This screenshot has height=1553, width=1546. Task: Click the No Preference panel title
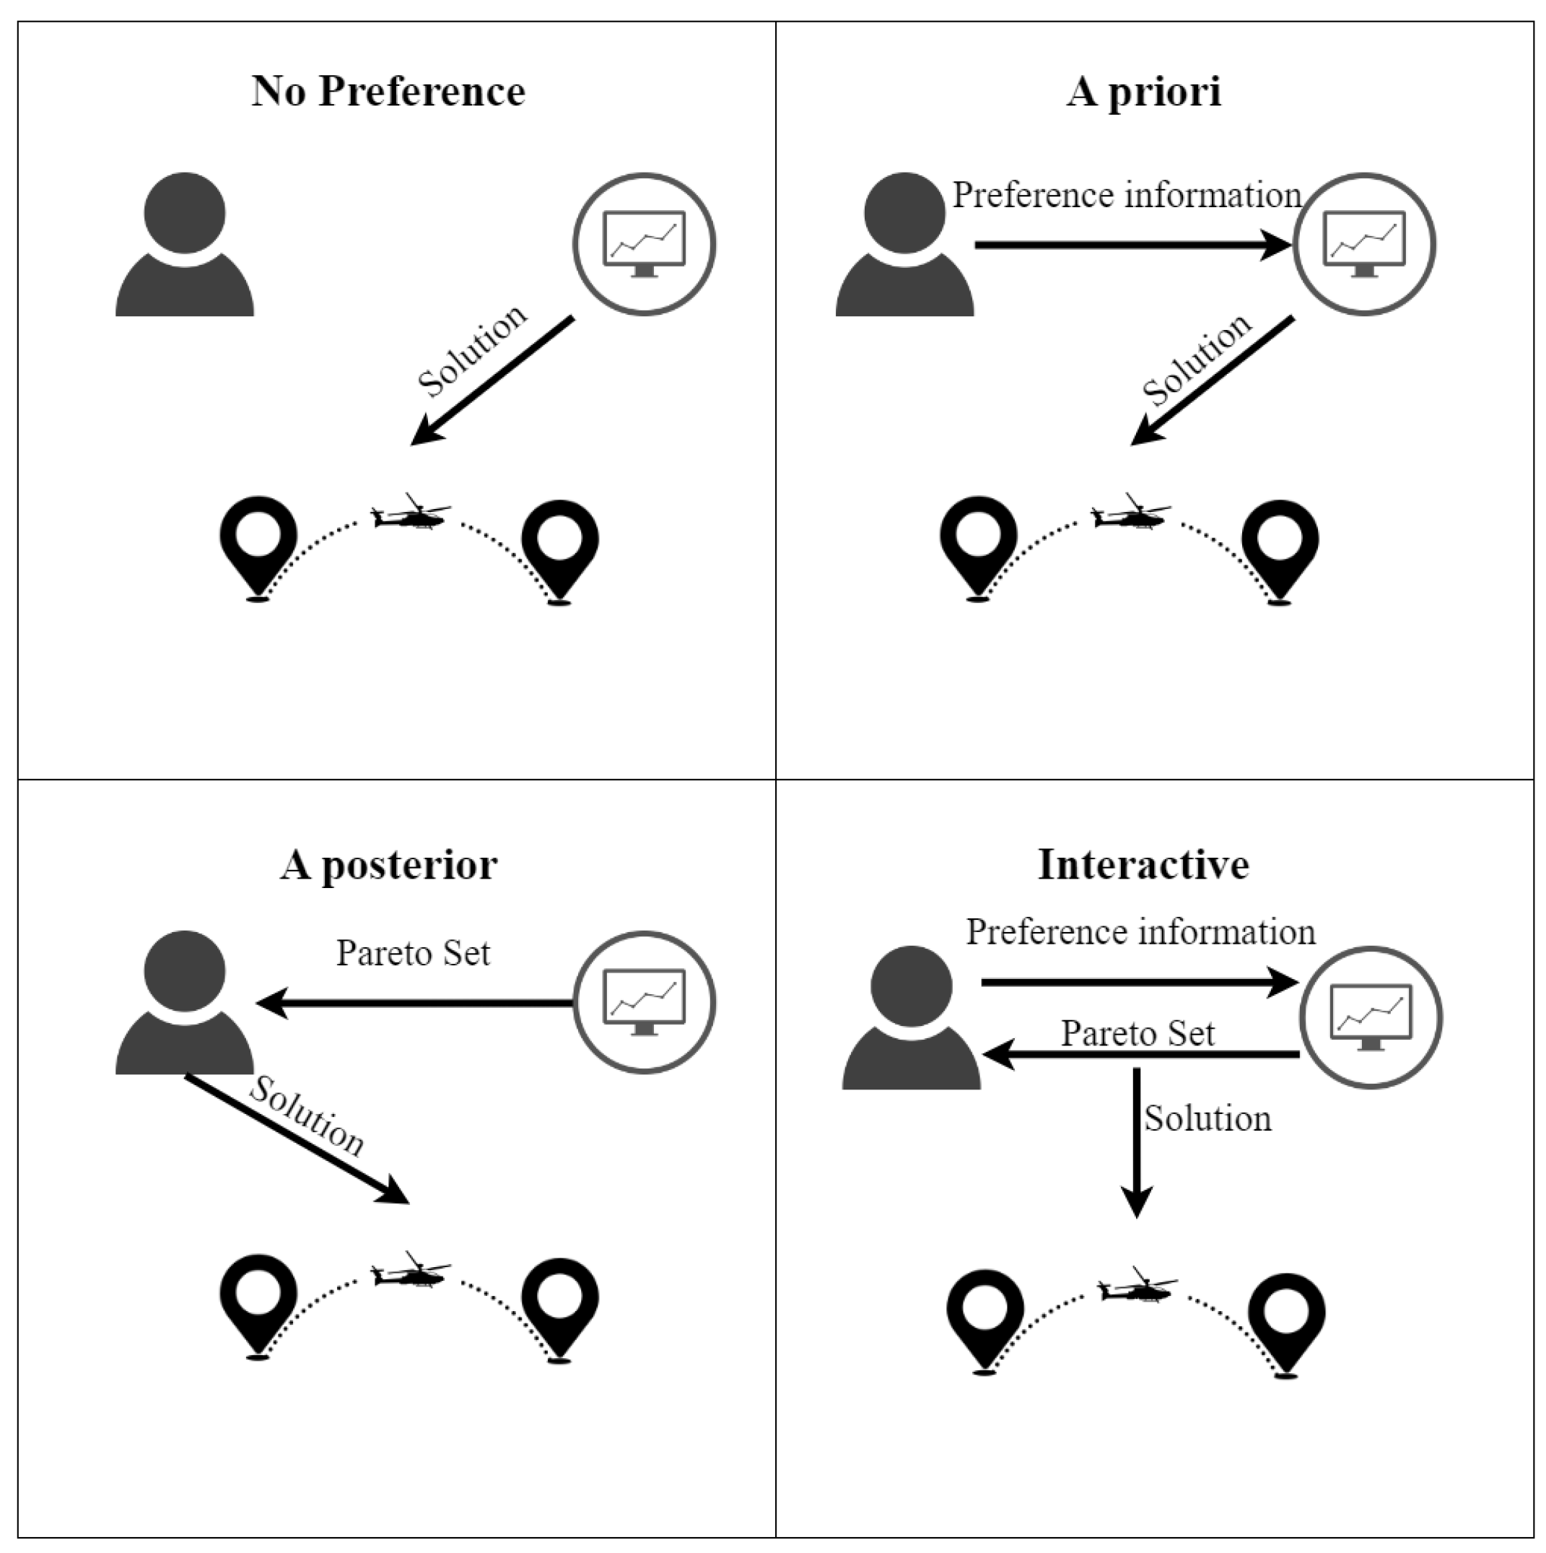coord(388,91)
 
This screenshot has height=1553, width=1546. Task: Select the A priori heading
coord(1143,91)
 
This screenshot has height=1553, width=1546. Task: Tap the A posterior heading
coord(388,866)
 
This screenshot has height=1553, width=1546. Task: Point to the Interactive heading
coord(1143,866)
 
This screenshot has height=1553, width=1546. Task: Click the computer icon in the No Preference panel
coord(644,243)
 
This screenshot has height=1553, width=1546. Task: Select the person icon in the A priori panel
coord(905,245)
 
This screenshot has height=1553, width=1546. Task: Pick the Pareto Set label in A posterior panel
coord(412,953)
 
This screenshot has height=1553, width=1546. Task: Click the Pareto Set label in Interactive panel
coord(1137,1034)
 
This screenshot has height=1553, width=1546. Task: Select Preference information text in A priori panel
coord(1127,196)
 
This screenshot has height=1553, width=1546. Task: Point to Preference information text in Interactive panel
coord(1140,932)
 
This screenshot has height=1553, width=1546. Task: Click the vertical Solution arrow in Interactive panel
coord(1136,1141)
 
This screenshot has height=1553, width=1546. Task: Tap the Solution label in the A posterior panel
coord(306,1116)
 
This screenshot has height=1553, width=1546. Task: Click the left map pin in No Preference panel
coord(258,544)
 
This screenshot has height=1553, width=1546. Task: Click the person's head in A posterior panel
coord(185,972)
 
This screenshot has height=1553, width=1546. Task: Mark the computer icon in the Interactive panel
coord(1371,1018)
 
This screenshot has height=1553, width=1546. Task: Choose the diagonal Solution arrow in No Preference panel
coord(492,380)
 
